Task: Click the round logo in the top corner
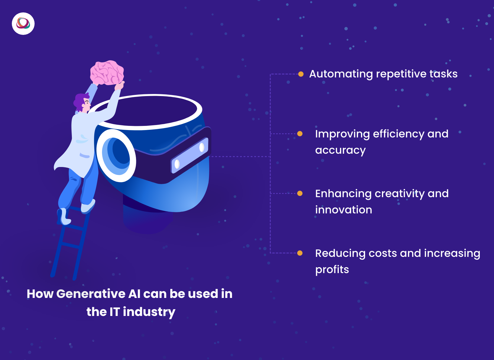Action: click(x=23, y=24)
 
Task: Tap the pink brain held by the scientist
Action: click(x=107, y=72)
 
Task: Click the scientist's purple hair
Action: click(x=81, y=101)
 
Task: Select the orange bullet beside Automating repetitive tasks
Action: click(x=301, y=74)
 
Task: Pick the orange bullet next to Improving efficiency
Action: click(x=300, y=134)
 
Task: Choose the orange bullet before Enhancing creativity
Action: click(x=300, y=193)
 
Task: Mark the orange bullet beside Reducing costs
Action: click(x=300, y=253)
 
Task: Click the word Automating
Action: click(x=341, y=74)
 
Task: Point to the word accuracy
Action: click(x=340, y=150)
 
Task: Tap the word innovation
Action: click(x=344, y=210)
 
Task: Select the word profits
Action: click(x=332, y=270)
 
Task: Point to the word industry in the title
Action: click(x=149, y=312)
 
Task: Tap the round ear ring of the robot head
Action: click(x=116, y=156)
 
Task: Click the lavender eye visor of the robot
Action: click(x=189, y=155)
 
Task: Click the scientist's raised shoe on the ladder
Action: click(x=88, y=206)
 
